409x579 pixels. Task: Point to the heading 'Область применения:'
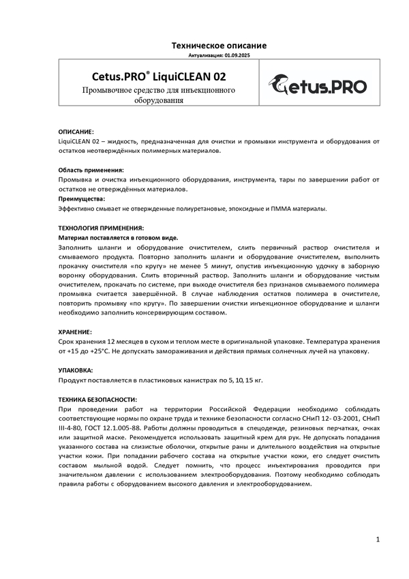[x=91, y=169]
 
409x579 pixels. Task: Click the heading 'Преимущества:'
[x=81, y=198]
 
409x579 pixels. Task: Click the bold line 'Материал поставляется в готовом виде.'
[x=118, y=237]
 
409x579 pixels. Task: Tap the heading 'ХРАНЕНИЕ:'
[x=75, y=331]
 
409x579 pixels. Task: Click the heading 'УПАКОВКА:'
[x=75, y=370]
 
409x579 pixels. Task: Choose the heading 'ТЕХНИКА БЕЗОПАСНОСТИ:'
[x=97, y=399]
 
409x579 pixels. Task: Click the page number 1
[x=377, y=540]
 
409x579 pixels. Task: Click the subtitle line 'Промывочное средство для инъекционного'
[x=159, y=90]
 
